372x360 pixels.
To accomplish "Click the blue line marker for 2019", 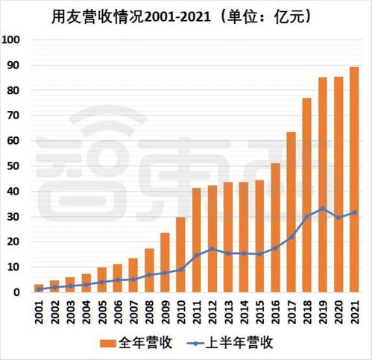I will point(322,209).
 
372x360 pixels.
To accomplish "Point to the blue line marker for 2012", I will point(212,249).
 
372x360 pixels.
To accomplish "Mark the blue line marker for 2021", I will point(353,212).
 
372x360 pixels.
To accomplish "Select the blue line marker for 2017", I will point(291,237).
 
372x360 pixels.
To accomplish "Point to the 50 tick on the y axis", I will point(14,166).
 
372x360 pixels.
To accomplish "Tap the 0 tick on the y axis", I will point(17,292).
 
